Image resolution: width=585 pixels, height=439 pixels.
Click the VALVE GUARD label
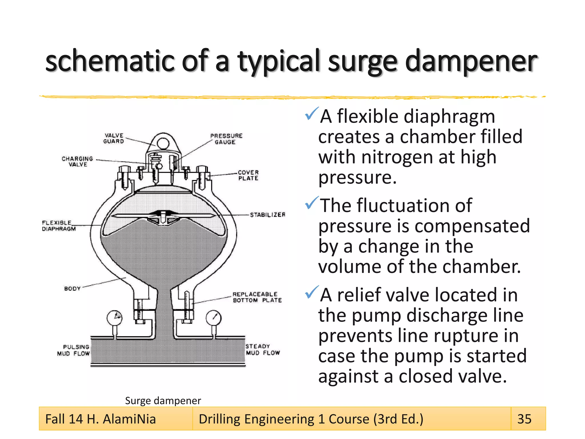114,138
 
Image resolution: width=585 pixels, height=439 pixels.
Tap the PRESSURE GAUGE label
226,139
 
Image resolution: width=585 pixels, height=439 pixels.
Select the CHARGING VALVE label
77,161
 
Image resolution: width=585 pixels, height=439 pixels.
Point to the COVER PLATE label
248,175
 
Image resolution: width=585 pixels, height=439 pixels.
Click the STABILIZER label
268,215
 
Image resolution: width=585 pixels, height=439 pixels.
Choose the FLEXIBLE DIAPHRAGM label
59,226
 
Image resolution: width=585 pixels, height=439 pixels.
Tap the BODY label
72,289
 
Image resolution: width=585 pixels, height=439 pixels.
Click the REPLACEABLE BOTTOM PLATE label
257,297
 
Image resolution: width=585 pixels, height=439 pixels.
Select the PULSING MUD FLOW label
74,350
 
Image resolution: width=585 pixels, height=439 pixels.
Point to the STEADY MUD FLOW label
263,350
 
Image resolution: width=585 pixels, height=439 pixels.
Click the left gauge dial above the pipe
115,317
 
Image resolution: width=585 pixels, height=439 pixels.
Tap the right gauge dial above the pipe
213,318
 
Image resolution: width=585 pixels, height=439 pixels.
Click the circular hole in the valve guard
163,143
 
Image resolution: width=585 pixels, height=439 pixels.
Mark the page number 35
524,419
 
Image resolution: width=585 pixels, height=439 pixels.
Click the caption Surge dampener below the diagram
163,401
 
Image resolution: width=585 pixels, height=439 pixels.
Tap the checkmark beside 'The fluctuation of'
311,203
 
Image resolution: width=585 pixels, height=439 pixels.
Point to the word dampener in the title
471,61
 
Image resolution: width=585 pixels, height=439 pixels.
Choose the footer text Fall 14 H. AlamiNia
101,419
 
